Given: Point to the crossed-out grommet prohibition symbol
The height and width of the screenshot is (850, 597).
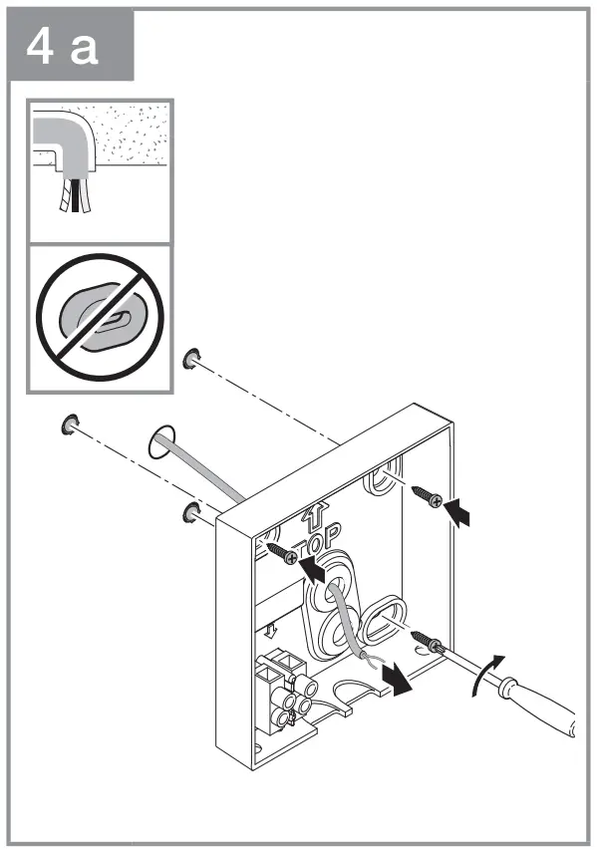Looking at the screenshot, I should pos(100,316).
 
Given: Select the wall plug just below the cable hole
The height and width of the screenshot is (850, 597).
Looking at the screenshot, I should pos(188,512).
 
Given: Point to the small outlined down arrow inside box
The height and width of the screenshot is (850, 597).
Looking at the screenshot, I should pos(272,630).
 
